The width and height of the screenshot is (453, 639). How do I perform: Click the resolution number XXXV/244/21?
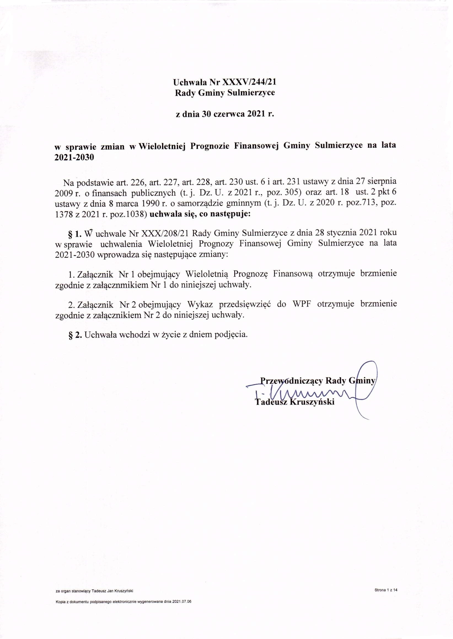(249, 82)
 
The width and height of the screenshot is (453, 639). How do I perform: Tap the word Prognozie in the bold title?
(211, 146)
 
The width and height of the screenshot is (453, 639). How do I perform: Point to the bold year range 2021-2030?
(74, 157)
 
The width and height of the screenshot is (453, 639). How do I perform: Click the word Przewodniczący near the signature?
(291, 380)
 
